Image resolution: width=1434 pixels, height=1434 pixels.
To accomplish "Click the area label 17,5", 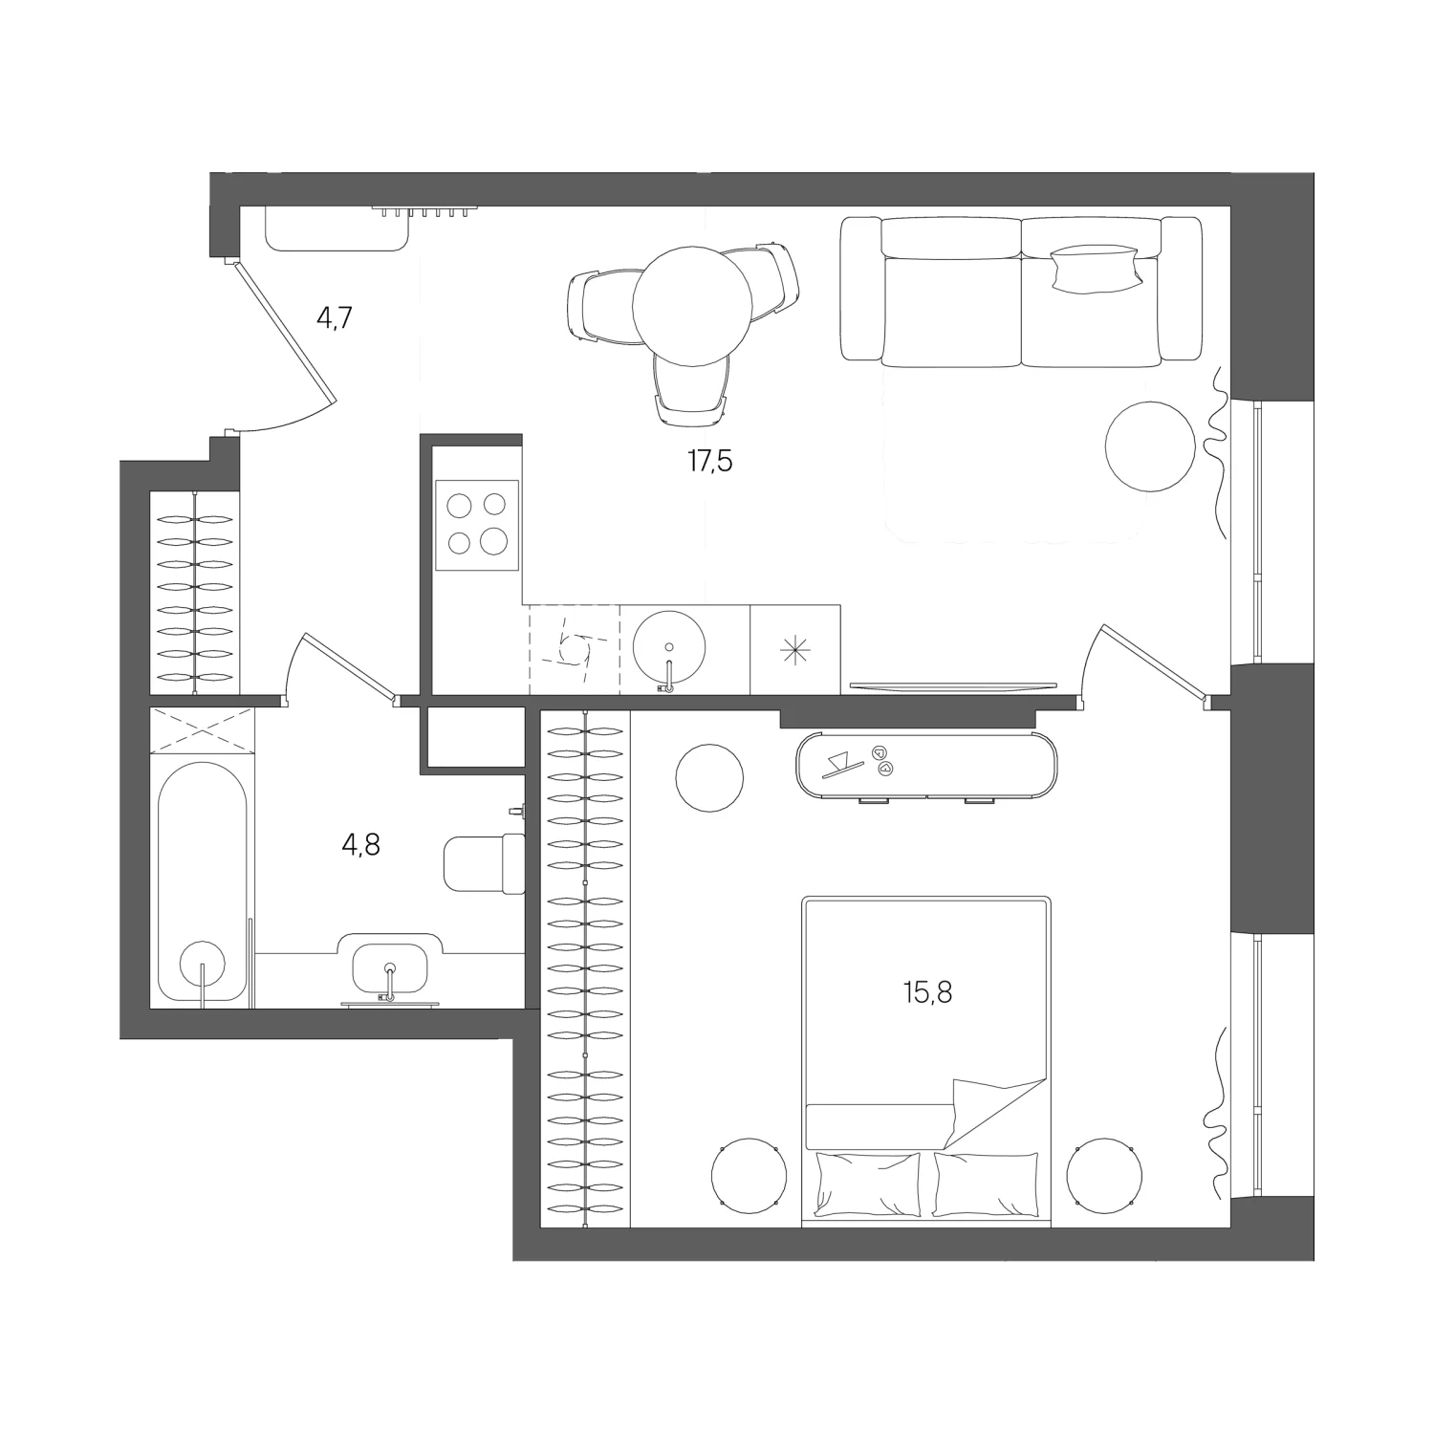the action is point(709,463).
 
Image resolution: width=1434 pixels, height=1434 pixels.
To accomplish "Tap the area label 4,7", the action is point(336,317).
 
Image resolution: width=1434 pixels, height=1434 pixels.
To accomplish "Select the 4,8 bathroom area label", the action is point(361,845).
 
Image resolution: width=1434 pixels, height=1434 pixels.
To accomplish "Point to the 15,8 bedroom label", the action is point(927,993).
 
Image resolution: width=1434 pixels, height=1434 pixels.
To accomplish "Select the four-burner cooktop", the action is point(477,523).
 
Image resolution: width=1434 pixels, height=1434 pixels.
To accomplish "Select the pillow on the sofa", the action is point(1096,268).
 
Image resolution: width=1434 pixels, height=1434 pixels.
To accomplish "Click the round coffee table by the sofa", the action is point(1150,445).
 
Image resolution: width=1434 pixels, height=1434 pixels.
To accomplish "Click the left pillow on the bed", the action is point(868,1184).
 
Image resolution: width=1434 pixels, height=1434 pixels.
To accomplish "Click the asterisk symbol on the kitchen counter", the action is point(795,650).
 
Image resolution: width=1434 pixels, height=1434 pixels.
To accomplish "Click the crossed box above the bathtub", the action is point(203,731).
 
